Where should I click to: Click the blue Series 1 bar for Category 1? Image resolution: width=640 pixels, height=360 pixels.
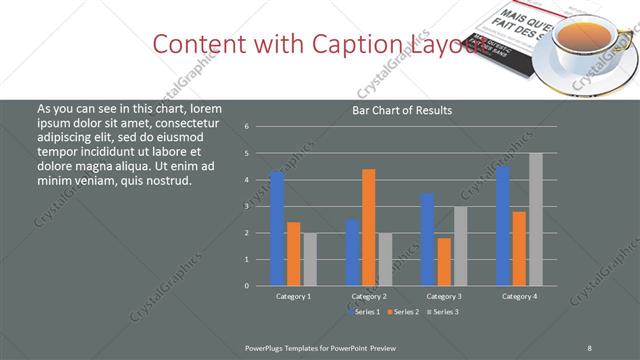click(x=277, y=229)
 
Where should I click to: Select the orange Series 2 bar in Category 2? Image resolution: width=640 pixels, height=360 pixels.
click(x=368, y=227)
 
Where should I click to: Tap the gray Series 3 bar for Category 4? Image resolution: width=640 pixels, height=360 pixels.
click(x=536, y=219)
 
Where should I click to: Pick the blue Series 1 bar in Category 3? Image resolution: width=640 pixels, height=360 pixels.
click(x=427, y=239)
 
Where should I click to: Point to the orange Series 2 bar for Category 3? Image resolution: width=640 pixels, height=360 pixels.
click(x=443, y=262)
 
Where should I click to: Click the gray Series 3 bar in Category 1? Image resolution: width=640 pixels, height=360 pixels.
click(x=310, y=259)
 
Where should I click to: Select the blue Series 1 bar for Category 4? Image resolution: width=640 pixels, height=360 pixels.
click(x=502, y=226)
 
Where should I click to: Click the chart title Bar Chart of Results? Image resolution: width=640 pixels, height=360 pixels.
click(x=402, y=110)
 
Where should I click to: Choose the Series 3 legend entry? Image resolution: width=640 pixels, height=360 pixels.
click(x=443, y=312)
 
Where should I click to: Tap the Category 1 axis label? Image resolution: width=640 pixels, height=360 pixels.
click(x=293, y=297)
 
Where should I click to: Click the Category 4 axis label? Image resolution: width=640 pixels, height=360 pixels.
click(x=519, y=297)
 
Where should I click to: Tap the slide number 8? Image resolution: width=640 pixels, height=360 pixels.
click(x=590, y=346)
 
